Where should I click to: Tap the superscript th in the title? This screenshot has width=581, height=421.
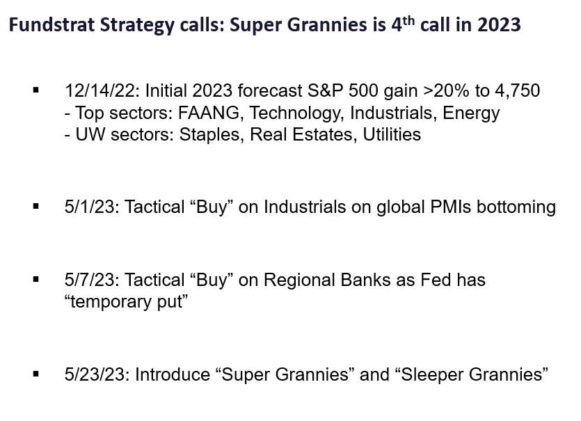[408, 20]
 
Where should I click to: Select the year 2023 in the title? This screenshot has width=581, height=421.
[499, 25]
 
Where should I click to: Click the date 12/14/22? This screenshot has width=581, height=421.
[102, 90]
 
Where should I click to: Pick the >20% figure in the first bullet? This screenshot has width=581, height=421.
[446, 90]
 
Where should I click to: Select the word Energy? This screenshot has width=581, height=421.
[471, 113]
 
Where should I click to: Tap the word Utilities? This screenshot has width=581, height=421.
[392, 134]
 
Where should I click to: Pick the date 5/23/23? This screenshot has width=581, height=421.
[97, 374]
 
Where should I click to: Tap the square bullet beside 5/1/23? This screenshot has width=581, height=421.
[36, 207]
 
